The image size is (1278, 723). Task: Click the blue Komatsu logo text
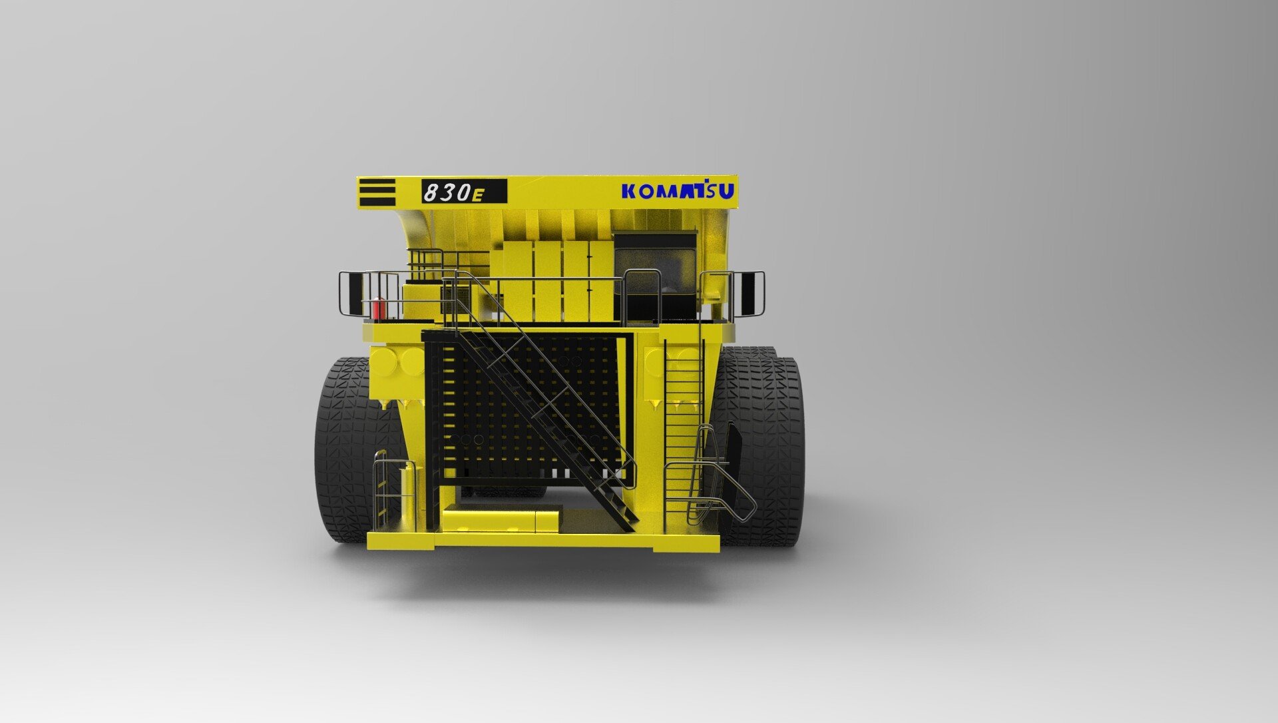pyautogui.click(x=678, y=191)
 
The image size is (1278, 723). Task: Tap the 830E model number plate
pyautogui.click(x=464, y=192)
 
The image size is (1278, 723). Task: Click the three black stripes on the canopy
pyautogui.click(x=377, y=192)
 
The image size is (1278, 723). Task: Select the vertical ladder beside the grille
pyautogui.click(x=683, y=426)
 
